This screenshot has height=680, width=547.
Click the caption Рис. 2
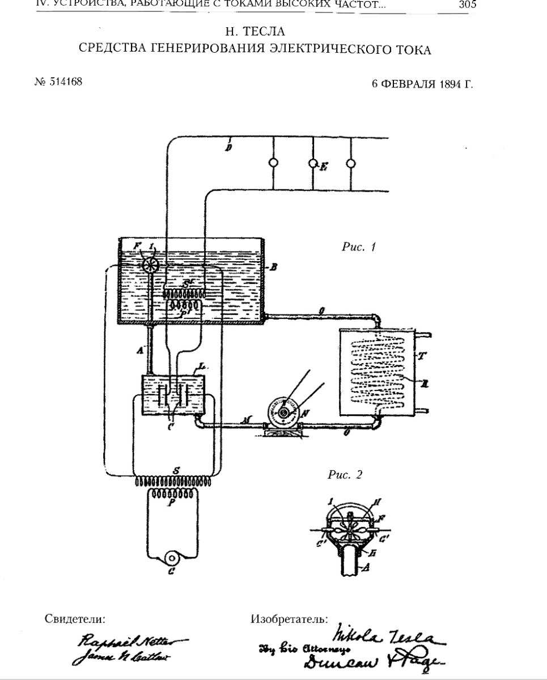(345, 475)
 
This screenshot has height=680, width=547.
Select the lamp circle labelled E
(312, 163)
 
